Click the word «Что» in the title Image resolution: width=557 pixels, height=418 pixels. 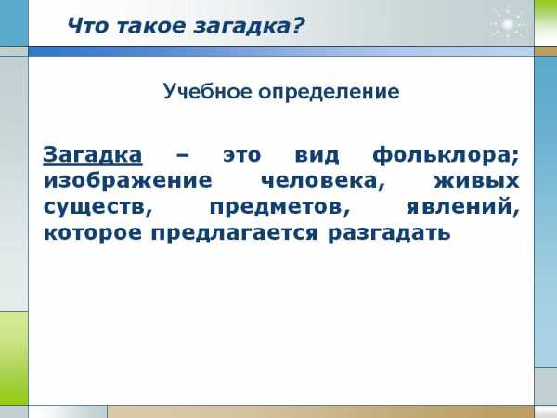click(88, 26)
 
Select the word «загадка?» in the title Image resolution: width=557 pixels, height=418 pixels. click(250, 27)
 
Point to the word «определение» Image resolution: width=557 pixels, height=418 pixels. click(329, 92)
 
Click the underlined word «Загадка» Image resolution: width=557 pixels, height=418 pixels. click(92, 155)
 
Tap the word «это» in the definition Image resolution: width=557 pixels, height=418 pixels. click(242, 156)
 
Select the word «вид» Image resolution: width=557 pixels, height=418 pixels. click(317, 156)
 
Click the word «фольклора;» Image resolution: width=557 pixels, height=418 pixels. click(446, 156)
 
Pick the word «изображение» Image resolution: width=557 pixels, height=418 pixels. click(128, 181)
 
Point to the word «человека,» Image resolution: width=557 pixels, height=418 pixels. click(323, 182)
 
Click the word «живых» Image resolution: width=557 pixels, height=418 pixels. click(476, 181)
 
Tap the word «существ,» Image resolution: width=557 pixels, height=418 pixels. click(97, 207)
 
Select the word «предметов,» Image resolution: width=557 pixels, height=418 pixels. click(279, 207)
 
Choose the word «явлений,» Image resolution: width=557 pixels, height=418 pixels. click(463, 207)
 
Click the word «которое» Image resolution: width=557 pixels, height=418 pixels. click(93, 233)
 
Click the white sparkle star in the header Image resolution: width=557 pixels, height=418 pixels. click(508, 24)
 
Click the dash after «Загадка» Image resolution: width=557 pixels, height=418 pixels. click(183, 156)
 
